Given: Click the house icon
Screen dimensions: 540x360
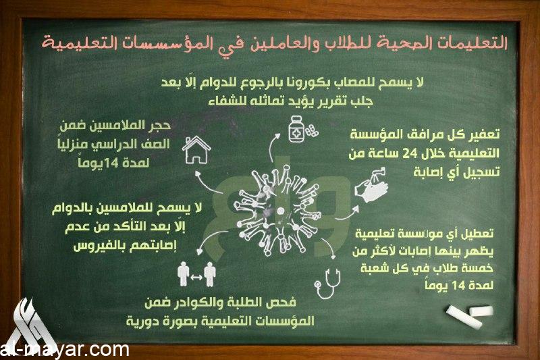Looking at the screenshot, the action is (x=196, y=150).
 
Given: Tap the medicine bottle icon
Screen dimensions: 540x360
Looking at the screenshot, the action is (x=298, y=129).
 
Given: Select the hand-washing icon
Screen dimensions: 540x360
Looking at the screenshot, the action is (x=372, y=184).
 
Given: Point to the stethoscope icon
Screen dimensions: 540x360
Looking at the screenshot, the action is (x=328, y=284).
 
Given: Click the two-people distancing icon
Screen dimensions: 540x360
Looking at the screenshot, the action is (x=196, y=274).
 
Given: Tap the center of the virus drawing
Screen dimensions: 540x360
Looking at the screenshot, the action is (x=277, y=210).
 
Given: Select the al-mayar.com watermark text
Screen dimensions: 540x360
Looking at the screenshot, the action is (x=65, y=351).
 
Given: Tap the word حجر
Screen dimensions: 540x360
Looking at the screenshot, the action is (x=159, y=126).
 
